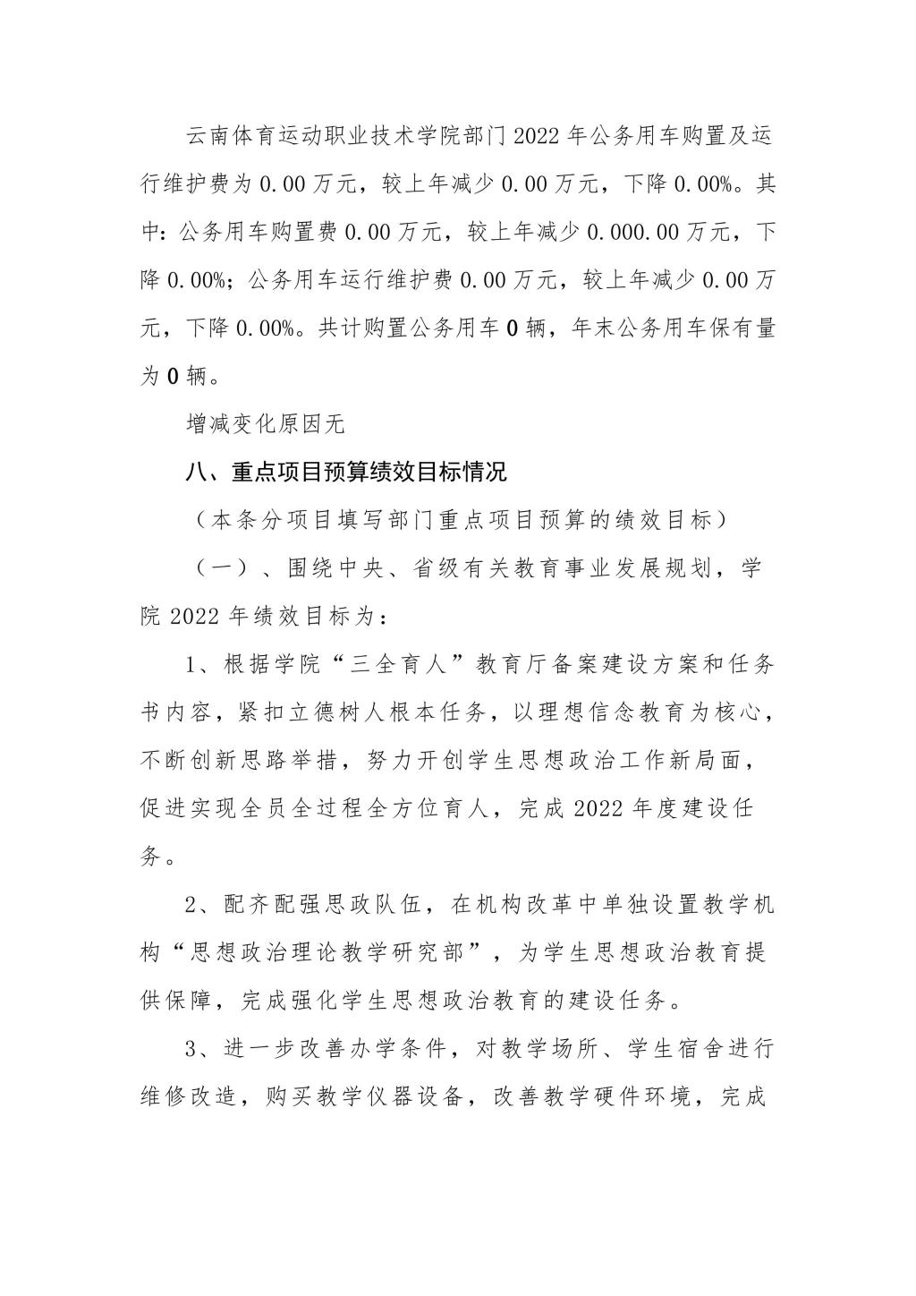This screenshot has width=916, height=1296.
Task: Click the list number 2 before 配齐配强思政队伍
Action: point(191,905)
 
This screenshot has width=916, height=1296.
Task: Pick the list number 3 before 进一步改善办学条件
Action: point(191,1049)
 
